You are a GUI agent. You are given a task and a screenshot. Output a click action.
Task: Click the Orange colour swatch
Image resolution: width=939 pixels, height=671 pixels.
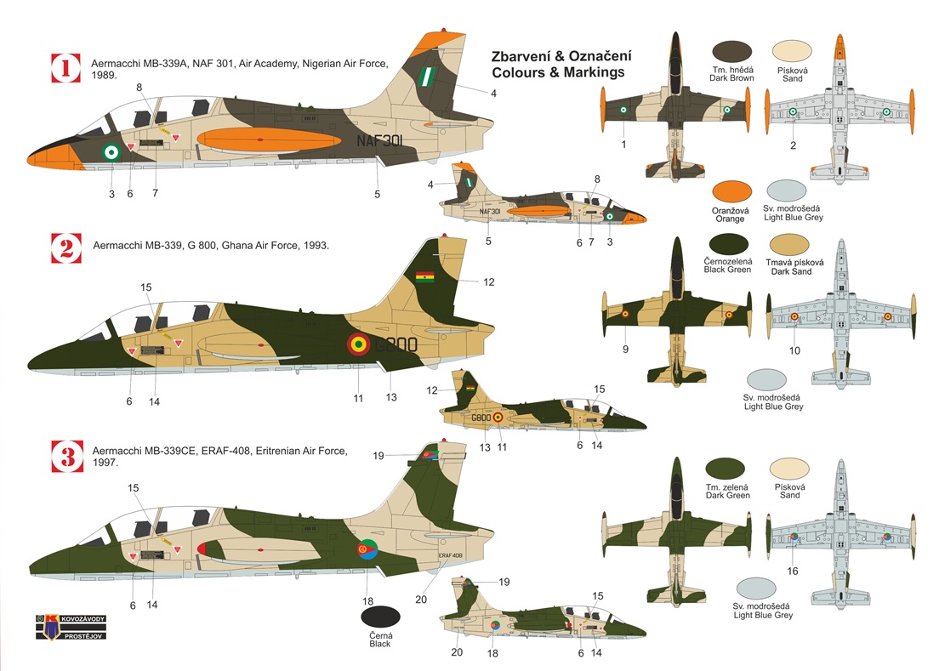click(x=733, y=194)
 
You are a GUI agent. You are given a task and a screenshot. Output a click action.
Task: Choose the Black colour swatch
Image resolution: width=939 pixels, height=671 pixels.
click(x=380, y=619)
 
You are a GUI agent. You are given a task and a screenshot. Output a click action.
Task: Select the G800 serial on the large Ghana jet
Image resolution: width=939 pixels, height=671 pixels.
click(x=396, y=344)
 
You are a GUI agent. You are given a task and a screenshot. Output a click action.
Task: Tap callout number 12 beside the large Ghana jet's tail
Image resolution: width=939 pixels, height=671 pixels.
click(x=488, y=281)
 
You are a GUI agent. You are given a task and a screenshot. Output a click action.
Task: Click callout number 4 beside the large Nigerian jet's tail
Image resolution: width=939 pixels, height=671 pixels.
click(x=493, y=93)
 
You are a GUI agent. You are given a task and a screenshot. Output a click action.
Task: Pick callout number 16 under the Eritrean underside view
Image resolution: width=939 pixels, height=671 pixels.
click(x=793, y=571)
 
